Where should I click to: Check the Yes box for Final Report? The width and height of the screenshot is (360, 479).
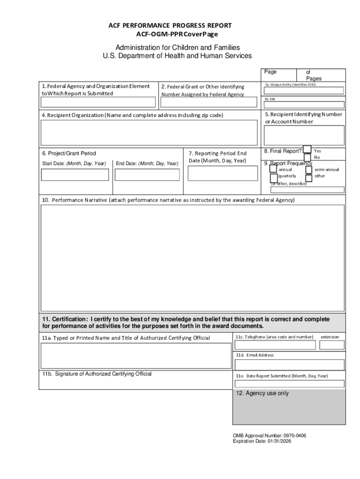[x=307, y=149]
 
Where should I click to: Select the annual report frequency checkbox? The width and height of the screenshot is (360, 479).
[x=274, y=169]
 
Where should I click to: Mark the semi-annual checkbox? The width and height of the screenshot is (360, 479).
[x=309, y=169]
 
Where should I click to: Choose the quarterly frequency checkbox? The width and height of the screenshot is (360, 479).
[x=274, y=178]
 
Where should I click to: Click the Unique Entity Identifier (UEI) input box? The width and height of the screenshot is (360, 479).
[x=304, y=91]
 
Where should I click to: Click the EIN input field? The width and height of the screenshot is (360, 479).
[x=304, y=105]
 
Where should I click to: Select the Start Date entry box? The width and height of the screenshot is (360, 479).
[x=75, y=174]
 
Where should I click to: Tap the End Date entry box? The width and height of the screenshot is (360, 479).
[x=147, y=174]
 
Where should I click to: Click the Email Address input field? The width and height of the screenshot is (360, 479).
[x=289, y=364]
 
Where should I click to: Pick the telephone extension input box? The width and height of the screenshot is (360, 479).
[x=332, y=345]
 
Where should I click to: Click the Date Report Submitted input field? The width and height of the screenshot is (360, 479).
[x=289, y=384]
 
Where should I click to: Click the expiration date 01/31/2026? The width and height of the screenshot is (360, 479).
[x=279, y=441]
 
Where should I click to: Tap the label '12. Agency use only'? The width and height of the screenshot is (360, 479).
[x=262, y=393]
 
